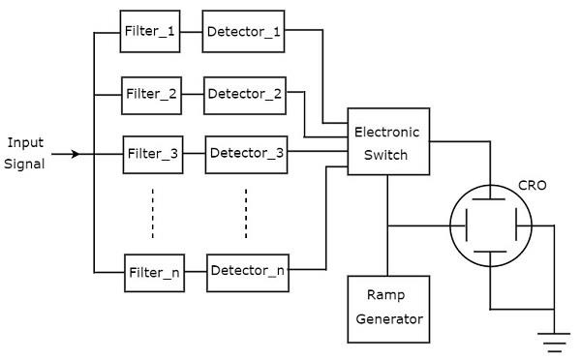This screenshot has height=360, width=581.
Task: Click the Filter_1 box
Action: point(150,32)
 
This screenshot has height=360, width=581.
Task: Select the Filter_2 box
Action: point(151,94)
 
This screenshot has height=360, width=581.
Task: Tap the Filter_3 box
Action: point(153,153)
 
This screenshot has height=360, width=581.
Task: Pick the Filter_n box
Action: point(154,272)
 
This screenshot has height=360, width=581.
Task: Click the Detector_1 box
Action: point(243,32)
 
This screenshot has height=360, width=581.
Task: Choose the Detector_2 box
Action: point(245,94)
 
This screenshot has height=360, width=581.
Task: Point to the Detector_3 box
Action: point(247,153)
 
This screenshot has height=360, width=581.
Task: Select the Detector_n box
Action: point(248,271)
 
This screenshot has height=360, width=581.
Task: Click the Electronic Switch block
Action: point(387,142)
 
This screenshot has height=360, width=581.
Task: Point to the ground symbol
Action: point(555,341)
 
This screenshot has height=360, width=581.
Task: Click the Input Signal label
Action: point(25,153)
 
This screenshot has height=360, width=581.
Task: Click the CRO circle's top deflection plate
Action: point(491,203)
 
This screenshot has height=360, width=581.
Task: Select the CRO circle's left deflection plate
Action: point(468,227)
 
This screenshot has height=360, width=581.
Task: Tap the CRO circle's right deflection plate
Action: point(515,227)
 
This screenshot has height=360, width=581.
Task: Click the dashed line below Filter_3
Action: point(153,212)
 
